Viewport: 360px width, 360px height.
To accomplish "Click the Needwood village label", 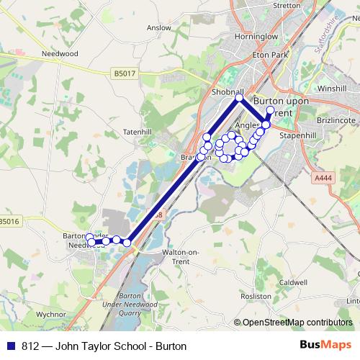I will tap(59, 53).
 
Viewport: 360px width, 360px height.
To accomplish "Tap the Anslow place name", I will tap(158, 28).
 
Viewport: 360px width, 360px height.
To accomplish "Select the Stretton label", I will tap(287, 5).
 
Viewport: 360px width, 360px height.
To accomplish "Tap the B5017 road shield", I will tap(125, 73).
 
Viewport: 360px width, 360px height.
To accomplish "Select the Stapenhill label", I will tap(299, 135).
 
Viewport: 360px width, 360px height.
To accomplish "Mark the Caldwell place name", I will tap(294, 283).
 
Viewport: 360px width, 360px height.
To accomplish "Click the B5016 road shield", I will tap(11, 222).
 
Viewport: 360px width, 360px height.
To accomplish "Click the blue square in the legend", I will tap(11, 346).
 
